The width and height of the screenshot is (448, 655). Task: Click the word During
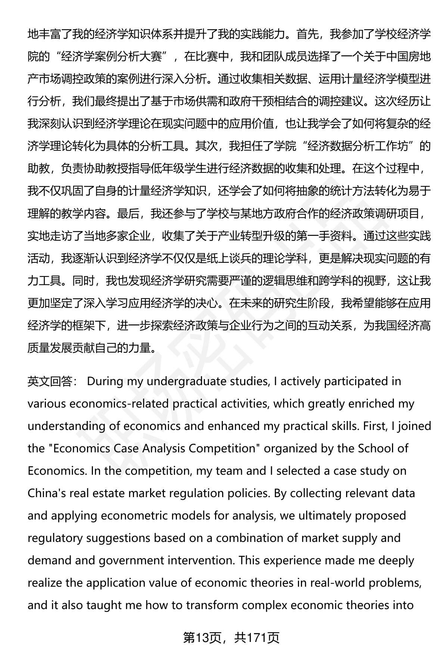105,381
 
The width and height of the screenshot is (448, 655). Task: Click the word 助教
38,169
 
